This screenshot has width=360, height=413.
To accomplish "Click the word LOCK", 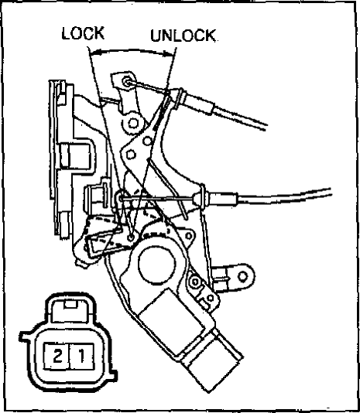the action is point(83,33).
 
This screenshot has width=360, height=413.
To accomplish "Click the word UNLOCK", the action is point(183,36).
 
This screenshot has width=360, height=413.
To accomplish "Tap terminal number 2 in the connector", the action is point(57,356).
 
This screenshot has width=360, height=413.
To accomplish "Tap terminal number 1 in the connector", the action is point(82,356).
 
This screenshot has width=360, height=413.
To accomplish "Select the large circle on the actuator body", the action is point(156,265).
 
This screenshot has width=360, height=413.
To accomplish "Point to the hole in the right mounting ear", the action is point(242,277).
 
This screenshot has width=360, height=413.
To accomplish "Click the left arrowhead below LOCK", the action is point(94,53).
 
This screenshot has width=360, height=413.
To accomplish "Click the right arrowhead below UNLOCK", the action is point(168,54).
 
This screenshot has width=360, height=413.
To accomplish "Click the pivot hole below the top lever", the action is point(133,123).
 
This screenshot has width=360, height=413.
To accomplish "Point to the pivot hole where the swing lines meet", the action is point(131,237).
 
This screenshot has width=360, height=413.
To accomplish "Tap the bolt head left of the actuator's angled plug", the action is point(195,282).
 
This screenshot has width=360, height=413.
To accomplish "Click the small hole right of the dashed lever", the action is point(189,236).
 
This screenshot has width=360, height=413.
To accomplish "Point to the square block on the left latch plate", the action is point(75,155).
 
